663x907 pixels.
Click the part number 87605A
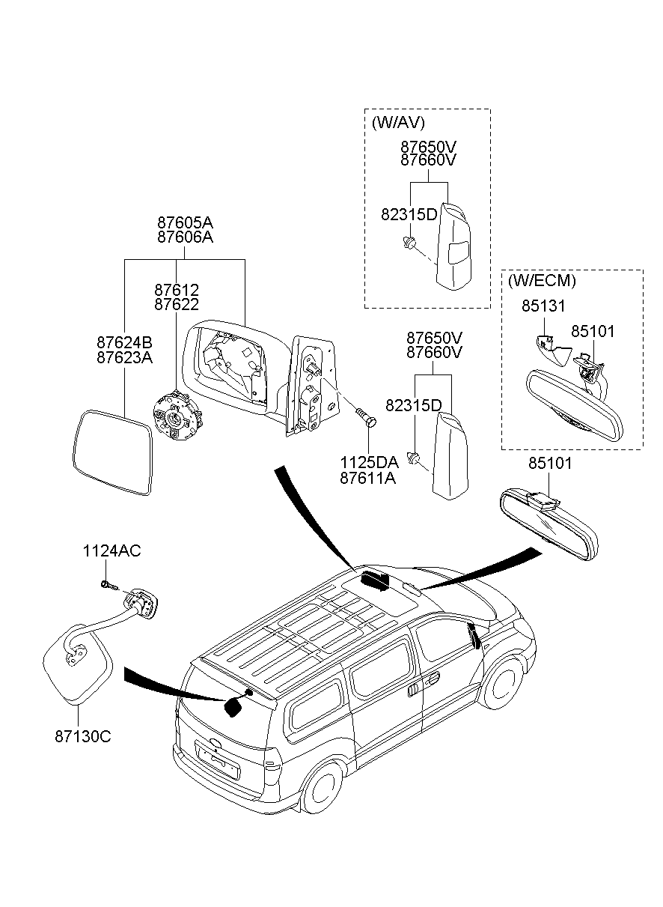(185, 222)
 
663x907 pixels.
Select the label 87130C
(82, 736)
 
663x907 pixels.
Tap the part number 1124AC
(111, 551)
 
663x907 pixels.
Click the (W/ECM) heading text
(542, 282)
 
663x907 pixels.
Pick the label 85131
(543, 306)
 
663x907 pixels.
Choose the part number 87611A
(369, 476)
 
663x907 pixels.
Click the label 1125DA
(369, 462)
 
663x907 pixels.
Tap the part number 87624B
(124, 342)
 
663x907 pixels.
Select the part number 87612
(177, 290)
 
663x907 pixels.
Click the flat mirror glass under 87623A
(114, 452)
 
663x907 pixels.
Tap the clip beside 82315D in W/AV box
(408, 243)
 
